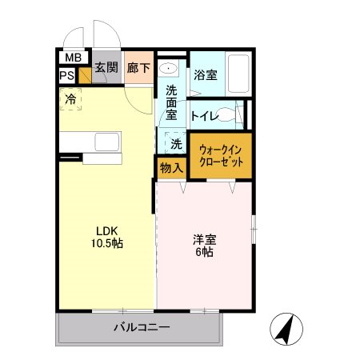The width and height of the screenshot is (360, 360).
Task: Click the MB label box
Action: click(x=72, y=58)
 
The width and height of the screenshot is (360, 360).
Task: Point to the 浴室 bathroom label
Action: click(x=206, y=76)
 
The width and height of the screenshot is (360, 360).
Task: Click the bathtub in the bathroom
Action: click(x=237, y=73)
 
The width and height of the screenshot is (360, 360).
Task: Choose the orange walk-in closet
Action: click(x=221, y=154)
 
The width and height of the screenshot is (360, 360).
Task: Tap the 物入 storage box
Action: click(x=170, y=167)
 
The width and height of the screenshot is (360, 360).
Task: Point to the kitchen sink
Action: click(x=106, y=142)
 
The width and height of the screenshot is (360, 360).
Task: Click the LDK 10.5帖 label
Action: click(x=106, y=238)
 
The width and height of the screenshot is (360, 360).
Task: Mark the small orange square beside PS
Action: click(x=83, y=77)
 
